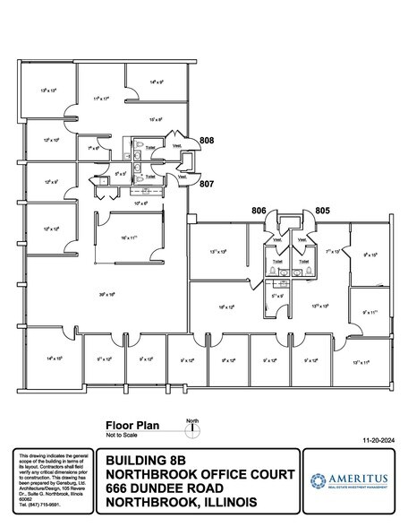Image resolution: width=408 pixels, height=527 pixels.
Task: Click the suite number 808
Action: pyautogui.click(x=207, y=141)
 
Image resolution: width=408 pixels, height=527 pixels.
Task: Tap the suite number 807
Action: pyautogui.click(x=207, y=184)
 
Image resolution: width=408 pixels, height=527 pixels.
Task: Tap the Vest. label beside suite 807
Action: pyautogui.click(x=184, y=176)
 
